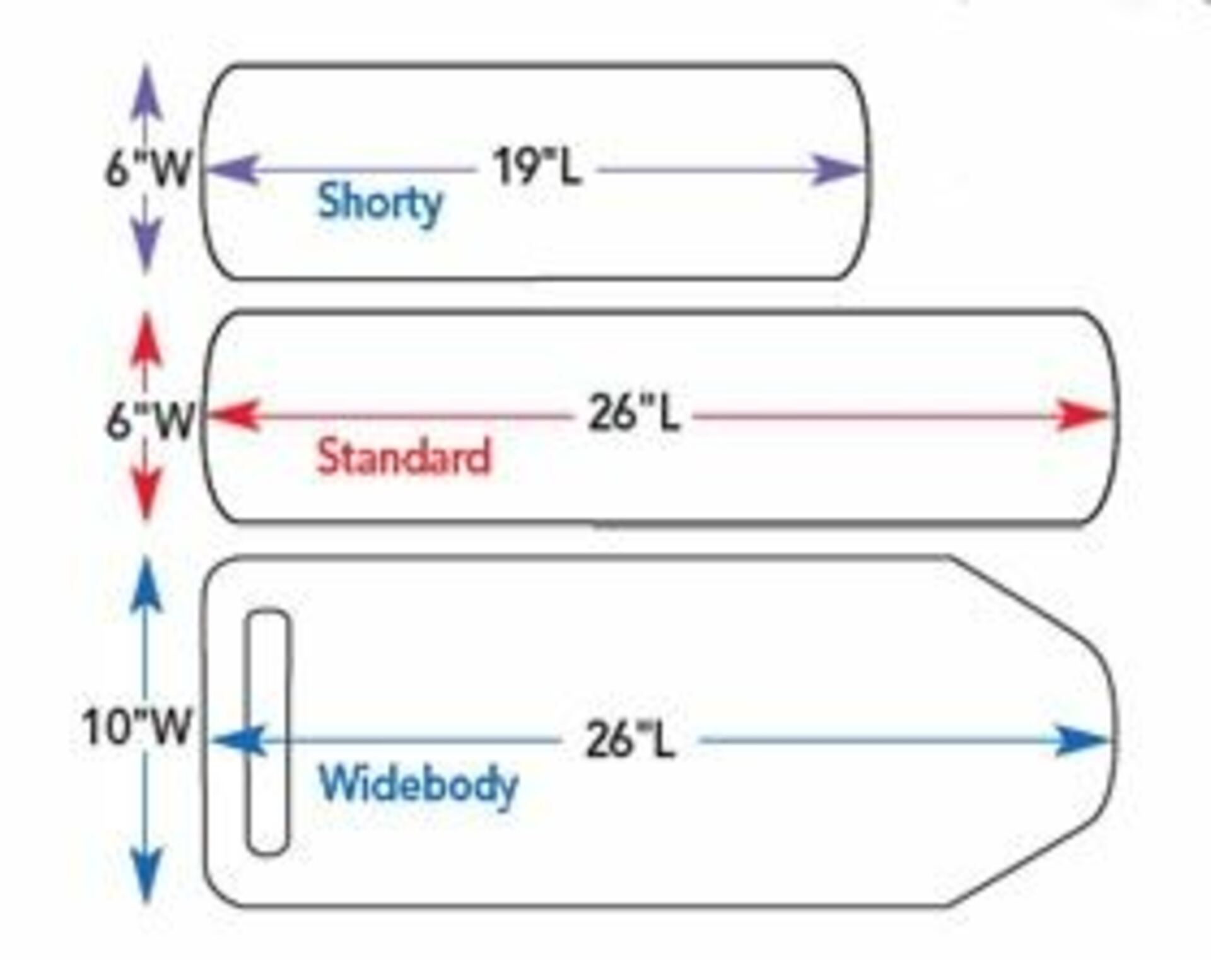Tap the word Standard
tap(404, 456)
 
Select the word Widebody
tap(419, 785)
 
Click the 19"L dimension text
tap(537, 167)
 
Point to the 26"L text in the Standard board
tap(634, 414)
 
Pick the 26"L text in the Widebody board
tap(630, 740)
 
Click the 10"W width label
tap(137, 727)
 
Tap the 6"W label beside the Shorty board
tap(148, 168)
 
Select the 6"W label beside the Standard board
tap(149, 421)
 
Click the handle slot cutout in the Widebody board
tap(268, 732)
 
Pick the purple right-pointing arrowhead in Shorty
tap(836, 169)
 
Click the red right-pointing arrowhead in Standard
tap(1082, 415)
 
